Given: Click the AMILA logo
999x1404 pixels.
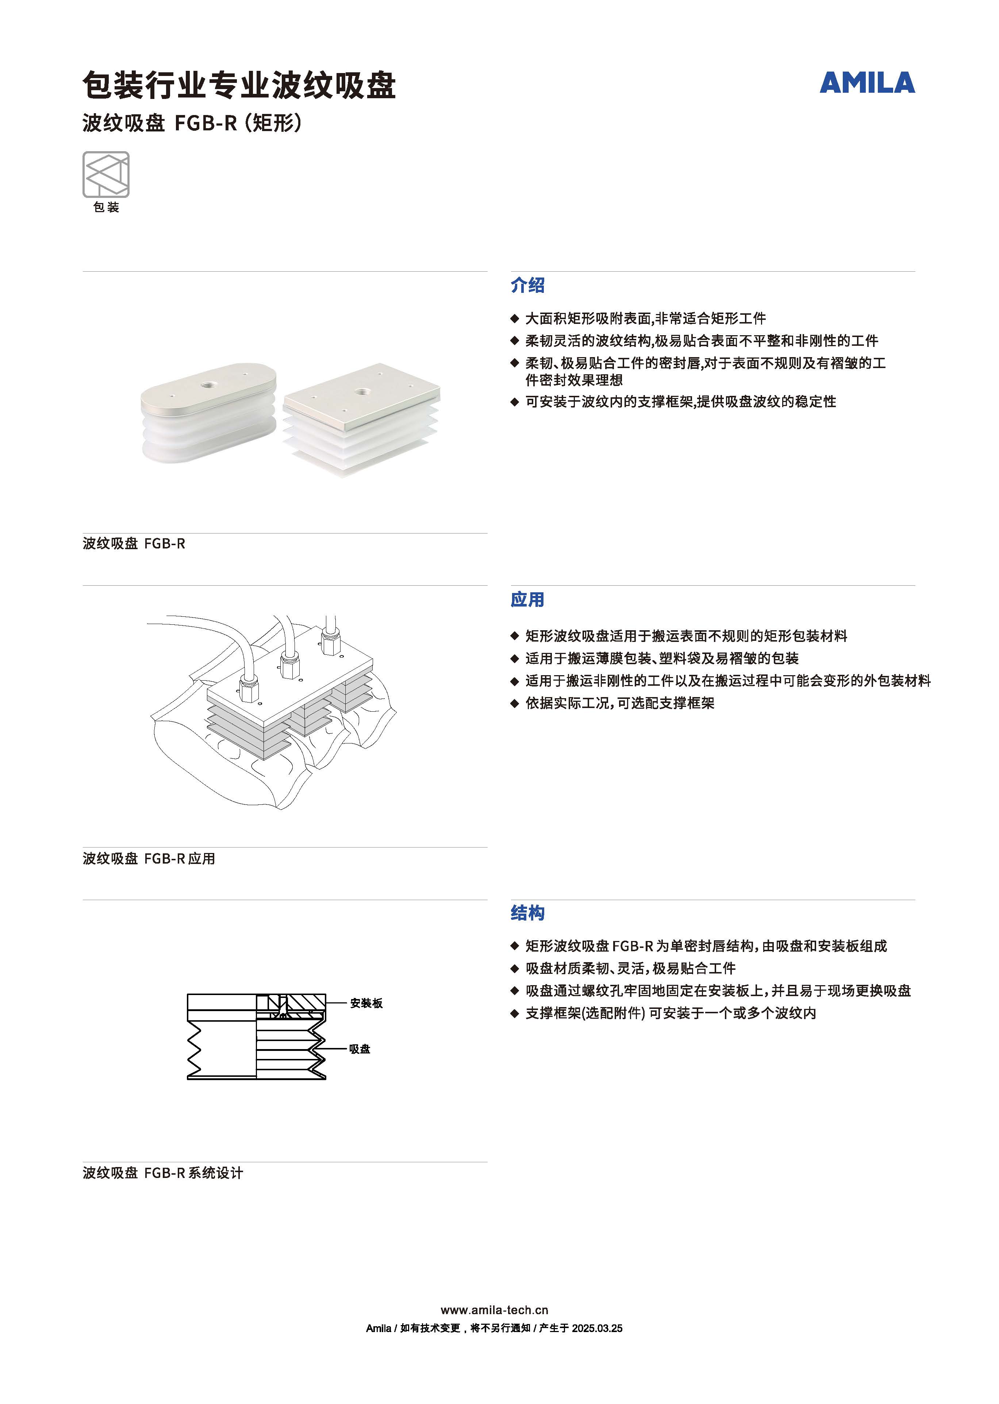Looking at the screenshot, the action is pyautogui.click(x=867, y=83).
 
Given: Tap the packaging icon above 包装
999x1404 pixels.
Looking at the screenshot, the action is pyautogui.click(x=106, y=175).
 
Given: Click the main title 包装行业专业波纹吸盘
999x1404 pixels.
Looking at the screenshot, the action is pyautogui.click(x=239, y=85).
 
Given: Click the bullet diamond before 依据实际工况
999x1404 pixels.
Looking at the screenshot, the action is pyautogui.click(x=515, y=703).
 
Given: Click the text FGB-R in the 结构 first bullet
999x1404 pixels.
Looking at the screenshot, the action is pyautogui.click(x=633, y=946).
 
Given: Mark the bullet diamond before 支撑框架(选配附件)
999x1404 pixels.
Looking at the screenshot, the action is pyautogui.click(x=515, y=1013).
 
